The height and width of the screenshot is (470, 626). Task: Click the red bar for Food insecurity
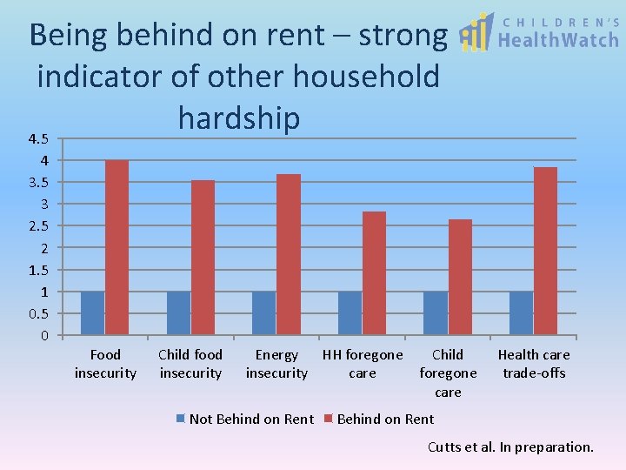click(117, 247)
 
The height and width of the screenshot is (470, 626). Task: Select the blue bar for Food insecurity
click(93, 313)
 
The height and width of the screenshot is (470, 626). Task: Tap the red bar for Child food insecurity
click(203, 258)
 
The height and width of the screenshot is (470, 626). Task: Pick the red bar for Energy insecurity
click(289, 254)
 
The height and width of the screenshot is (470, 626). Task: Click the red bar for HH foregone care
click(374, 273)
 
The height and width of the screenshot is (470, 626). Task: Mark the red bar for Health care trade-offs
click(545, 251)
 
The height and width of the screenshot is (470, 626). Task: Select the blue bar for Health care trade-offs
click(522, 313)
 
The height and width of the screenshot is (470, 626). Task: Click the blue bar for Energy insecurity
click(264, 313)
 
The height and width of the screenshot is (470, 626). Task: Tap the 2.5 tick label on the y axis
click(37, 226)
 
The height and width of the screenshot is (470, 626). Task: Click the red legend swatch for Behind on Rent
click(329, 420)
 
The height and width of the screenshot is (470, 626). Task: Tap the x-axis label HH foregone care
click(363, 364)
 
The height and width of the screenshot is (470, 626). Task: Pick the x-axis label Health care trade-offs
click(534, 364)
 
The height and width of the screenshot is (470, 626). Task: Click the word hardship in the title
click(238, 117)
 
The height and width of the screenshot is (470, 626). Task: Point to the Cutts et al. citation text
click(510, 447)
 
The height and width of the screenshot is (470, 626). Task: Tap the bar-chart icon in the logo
click(475, 33)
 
